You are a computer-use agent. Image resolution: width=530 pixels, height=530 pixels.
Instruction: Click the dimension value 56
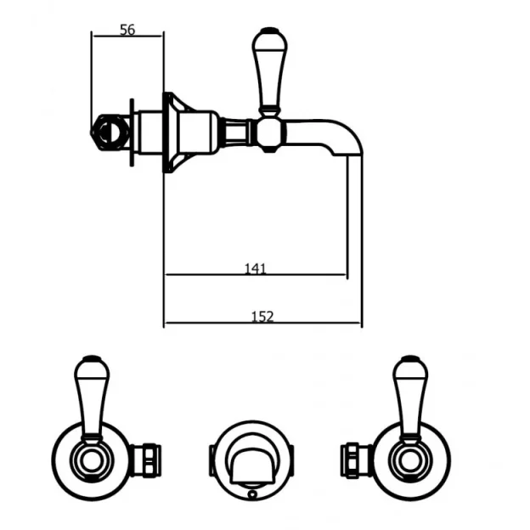coord(127,30)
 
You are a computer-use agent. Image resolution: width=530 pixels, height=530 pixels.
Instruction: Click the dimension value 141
coord(255,268)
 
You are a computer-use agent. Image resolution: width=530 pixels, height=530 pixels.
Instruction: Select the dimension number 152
coord(263,317)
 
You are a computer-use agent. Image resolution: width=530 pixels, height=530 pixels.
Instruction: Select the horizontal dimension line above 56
coord(127,37)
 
